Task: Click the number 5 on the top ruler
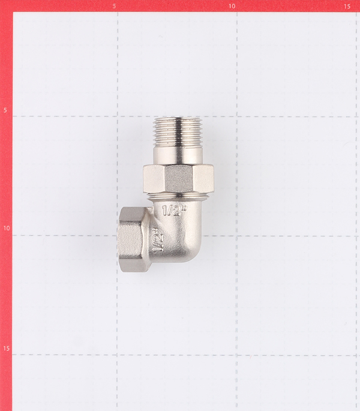click(x=114, y=6)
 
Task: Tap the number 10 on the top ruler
click(x=232, y=6)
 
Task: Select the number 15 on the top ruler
click(x=347, y=6)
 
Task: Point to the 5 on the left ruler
click(x=5, y=110)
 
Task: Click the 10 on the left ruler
click(x=7, y=228)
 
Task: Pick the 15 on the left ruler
click(x=7, y=349)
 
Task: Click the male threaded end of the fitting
click(x=178, y=131)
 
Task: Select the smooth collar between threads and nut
click(x=178, y=156)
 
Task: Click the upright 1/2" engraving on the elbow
click(x=175, y=211)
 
